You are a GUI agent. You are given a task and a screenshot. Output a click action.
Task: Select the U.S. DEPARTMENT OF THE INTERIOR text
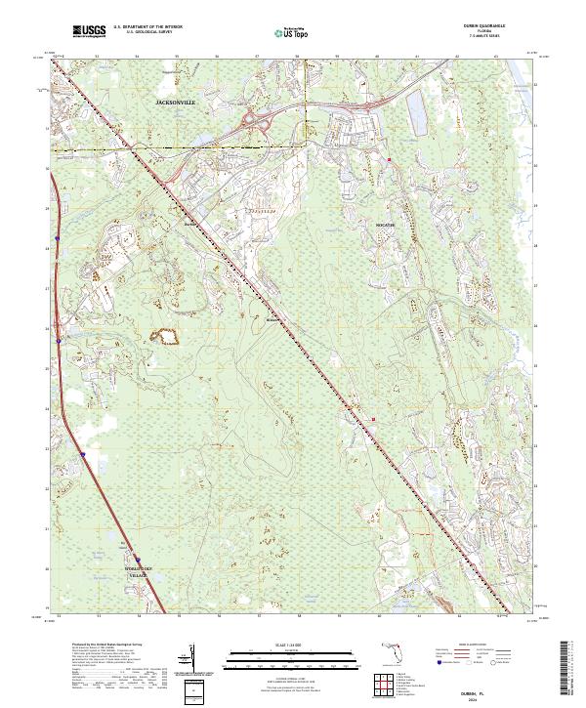click(146, 28)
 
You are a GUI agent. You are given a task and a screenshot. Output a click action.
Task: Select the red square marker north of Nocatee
click(389, 159)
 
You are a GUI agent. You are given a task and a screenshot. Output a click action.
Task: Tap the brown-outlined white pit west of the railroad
click(168, 338)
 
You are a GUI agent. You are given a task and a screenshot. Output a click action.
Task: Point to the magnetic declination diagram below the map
click(194, 656)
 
